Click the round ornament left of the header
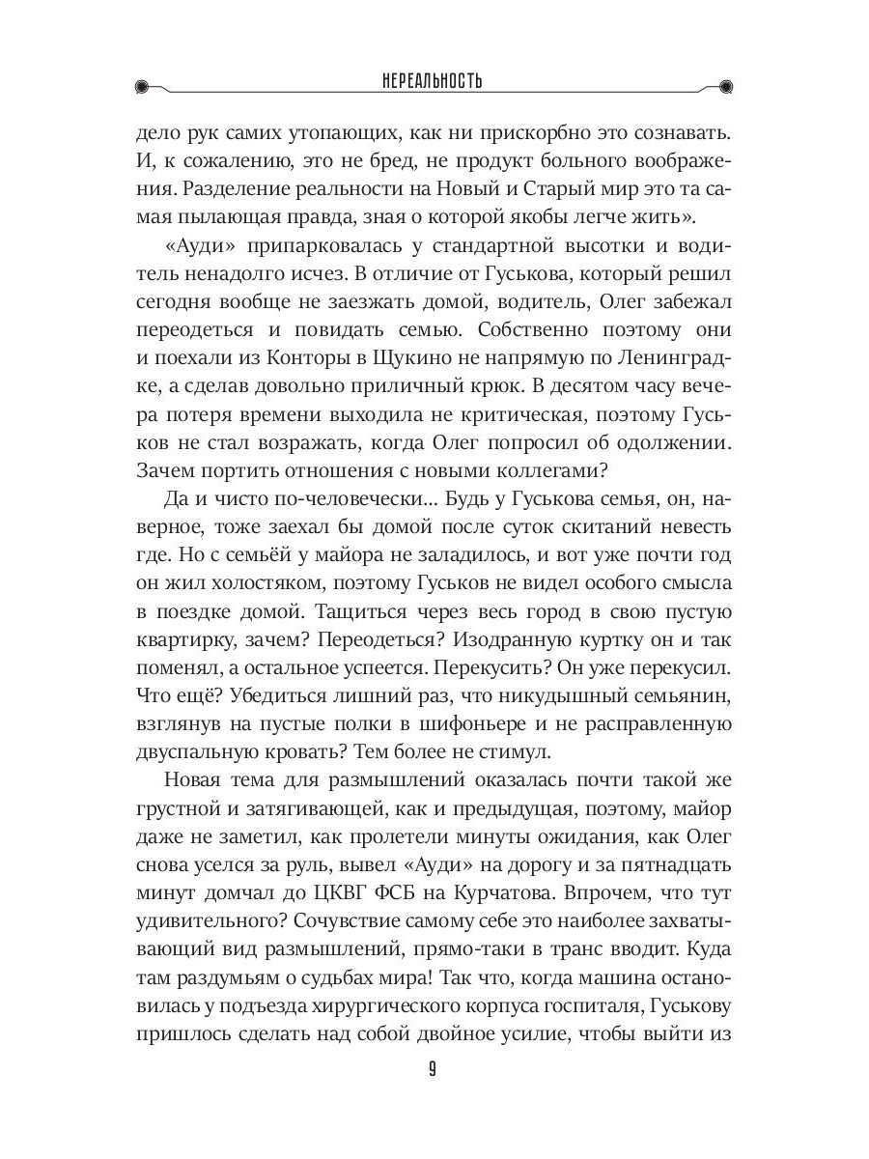point(144,85)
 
